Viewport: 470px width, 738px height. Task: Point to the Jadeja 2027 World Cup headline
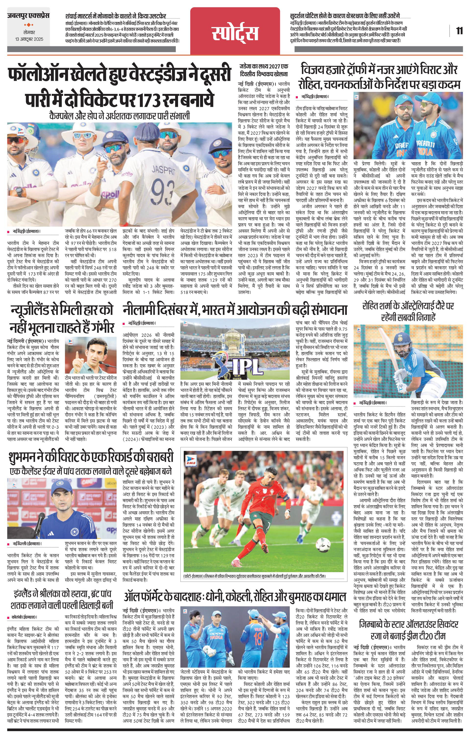[x=265, y=70]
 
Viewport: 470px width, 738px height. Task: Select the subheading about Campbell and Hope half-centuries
[x=120, y=116]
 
